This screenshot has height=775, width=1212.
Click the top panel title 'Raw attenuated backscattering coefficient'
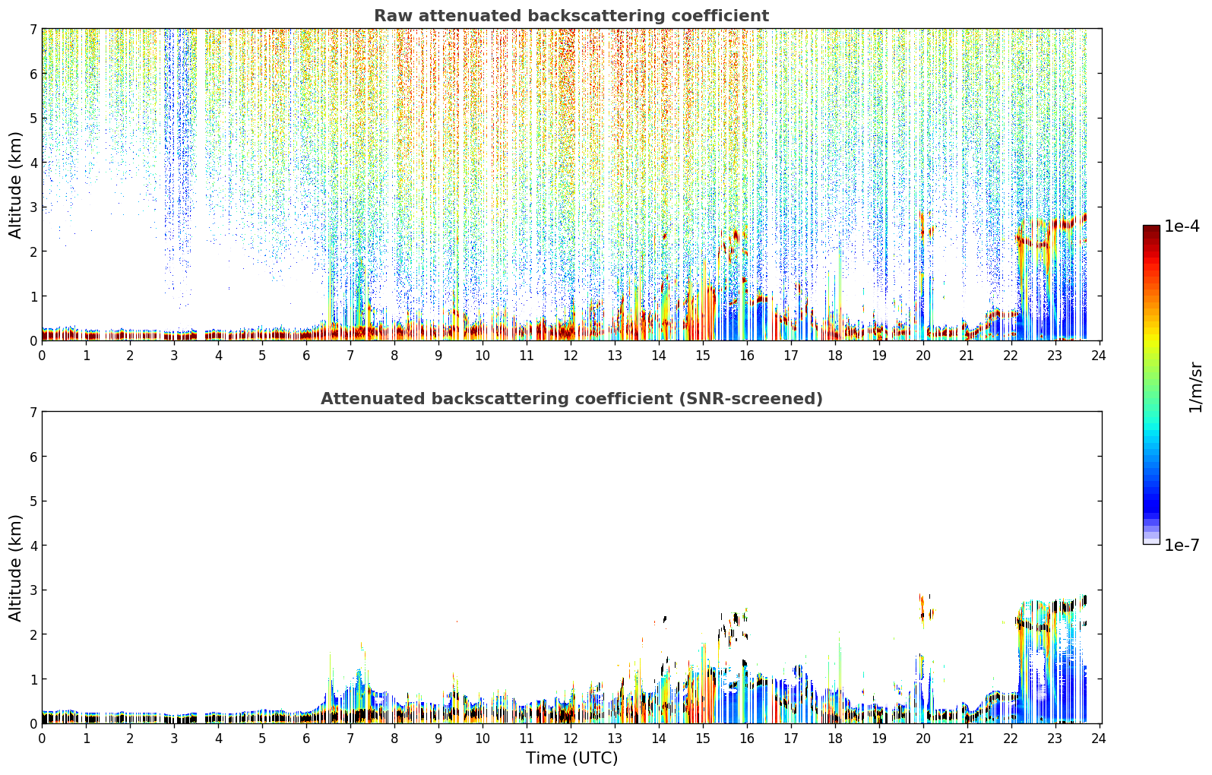point(571,16)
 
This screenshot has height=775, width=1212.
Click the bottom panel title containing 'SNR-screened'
point(571,399)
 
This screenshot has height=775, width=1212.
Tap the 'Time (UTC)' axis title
point(571,758)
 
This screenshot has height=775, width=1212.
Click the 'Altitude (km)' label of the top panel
point(15,185)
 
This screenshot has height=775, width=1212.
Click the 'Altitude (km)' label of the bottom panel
point(15,568)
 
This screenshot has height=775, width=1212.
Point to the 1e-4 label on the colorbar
point(1182,226)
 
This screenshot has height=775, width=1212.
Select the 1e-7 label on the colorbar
point(1182,545)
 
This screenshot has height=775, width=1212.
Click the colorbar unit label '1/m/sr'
point(1195,388)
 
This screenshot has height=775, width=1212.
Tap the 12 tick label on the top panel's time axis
point(571,356)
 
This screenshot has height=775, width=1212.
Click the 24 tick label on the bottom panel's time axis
point(1098,739)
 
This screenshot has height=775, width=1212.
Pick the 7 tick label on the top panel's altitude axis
point(33,29)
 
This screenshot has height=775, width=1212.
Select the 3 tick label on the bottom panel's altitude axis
point(33,590)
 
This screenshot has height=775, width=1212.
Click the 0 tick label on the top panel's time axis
point(43,356)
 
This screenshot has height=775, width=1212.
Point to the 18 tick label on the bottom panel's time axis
point(835,739)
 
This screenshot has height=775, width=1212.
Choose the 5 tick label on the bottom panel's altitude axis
point(33,501)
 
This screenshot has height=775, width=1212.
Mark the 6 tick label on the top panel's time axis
point(306,356)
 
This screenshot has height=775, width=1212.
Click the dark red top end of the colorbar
point(1151,229)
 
